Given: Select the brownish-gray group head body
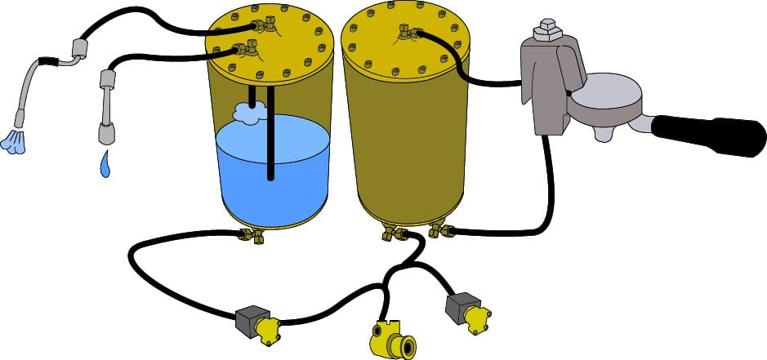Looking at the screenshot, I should (547, 82).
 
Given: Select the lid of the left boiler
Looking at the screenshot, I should (270, 37).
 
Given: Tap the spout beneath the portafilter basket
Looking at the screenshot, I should (605, 132).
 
